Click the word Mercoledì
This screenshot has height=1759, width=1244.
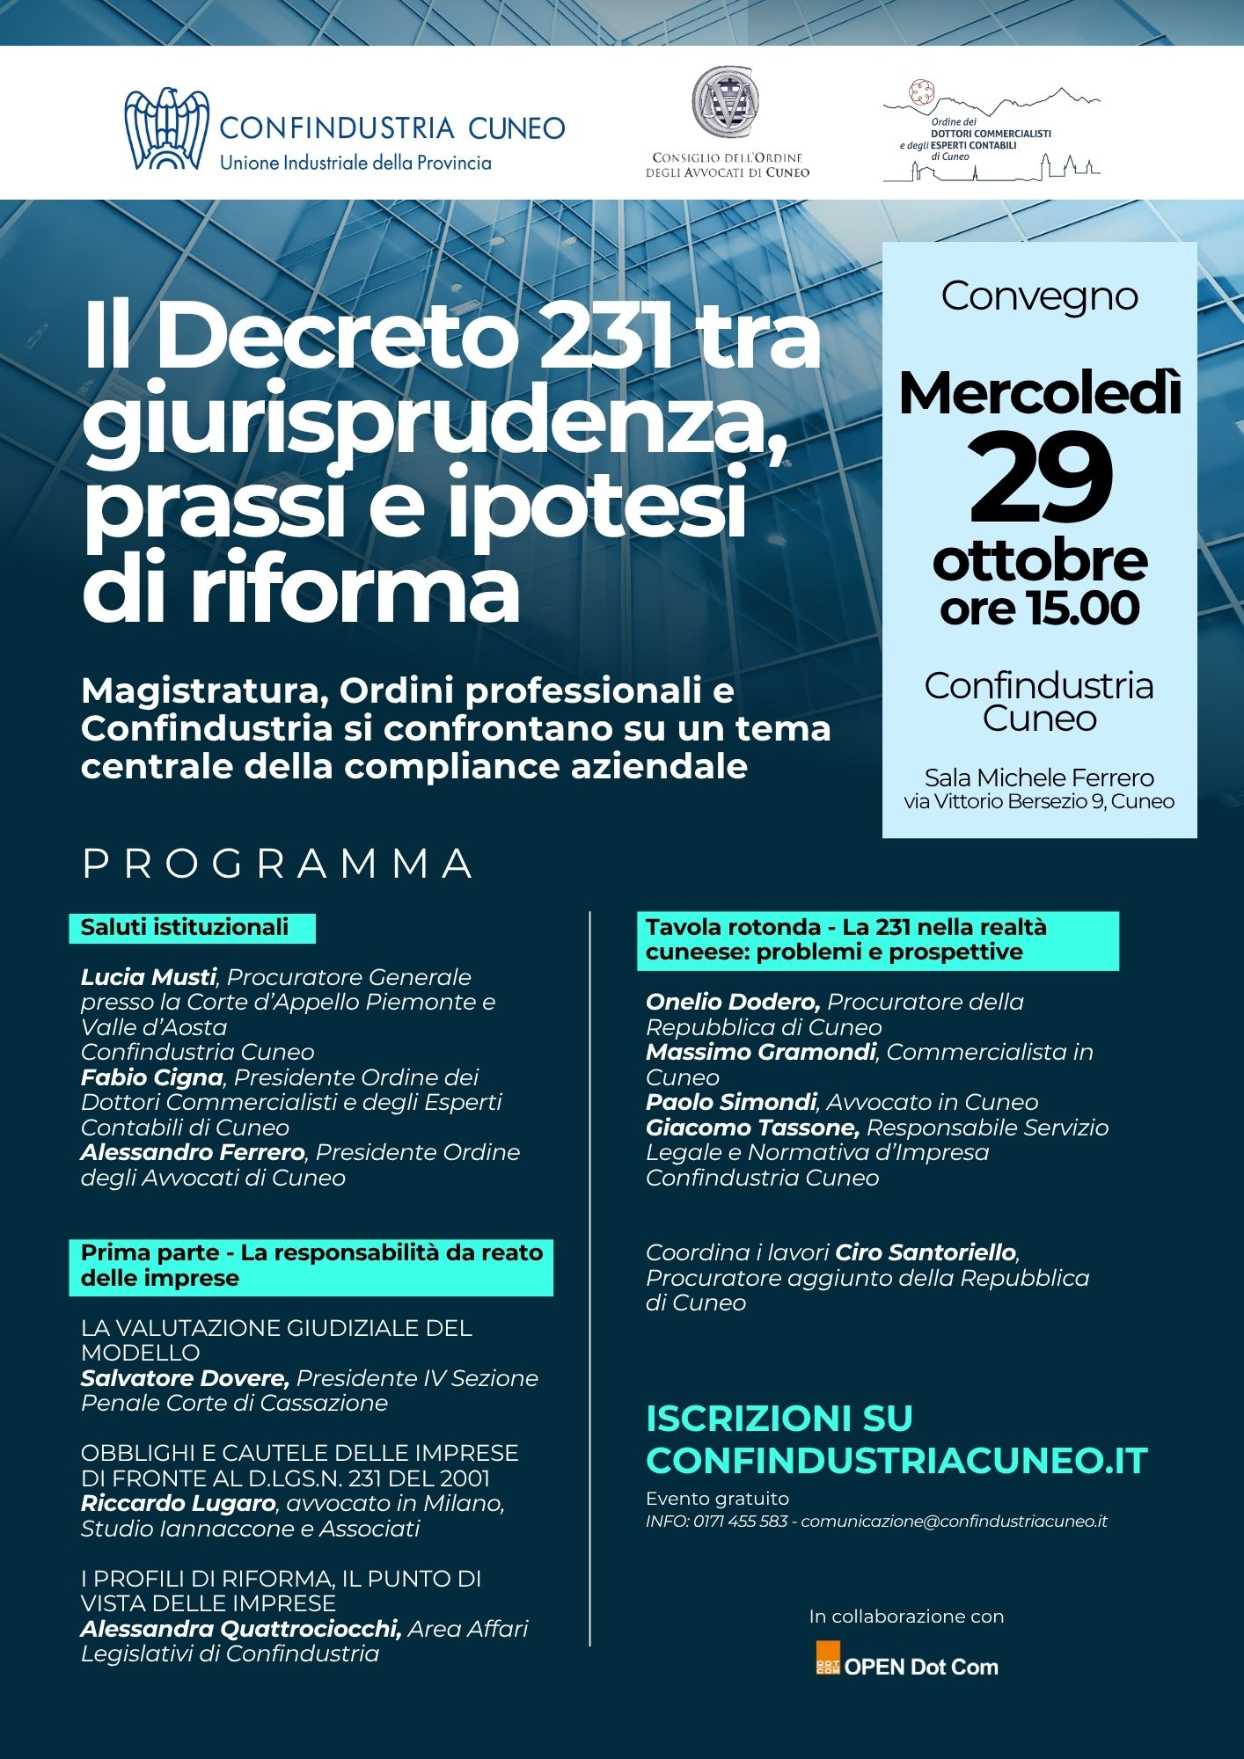[x=1040, y=393]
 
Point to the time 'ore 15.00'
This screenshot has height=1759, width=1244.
[x=1040, y=609]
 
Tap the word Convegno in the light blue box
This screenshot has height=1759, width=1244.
[x=1040, y=296]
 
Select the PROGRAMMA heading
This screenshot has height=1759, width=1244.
[x=278, y=864]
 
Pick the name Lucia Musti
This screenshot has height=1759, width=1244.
[x=149, y=977]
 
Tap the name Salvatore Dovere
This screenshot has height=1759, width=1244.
[x=185, y=1378]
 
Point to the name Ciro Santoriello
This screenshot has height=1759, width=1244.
[x=926, y=1252]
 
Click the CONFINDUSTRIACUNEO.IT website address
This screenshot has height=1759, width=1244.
[x=896, y=1461]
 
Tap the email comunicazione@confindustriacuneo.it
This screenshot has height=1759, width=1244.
[x=954, y=1522]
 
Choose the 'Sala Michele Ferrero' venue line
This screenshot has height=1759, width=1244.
[x=1039, y=777]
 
